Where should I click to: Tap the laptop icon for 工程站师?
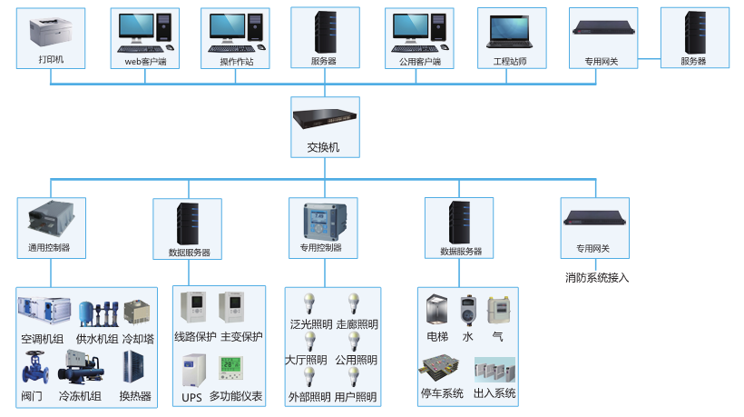pyautogui.click(x=512, y=32)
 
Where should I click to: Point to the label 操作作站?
pyautogui.click(x=237, y=62)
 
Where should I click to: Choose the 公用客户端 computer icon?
pyautogui.click(x=419, y=33)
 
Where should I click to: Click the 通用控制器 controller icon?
pyautogui.click(x=50, y=219)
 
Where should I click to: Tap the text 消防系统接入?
pyautogui.click(x=596, y=277)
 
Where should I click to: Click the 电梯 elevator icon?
pyautogui.click(x=437, y=310)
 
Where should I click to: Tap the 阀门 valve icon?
pyautogui.click(x=33, y=369)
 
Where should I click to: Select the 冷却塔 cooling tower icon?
pyautogui.click(x=137, y=312)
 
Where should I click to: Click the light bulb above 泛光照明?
pyautogui.click(x=308, y=303)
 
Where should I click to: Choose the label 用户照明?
pyautogui.click(x=356, y=397)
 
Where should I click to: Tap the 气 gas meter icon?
pyautogui.click(x=497, y=310)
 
